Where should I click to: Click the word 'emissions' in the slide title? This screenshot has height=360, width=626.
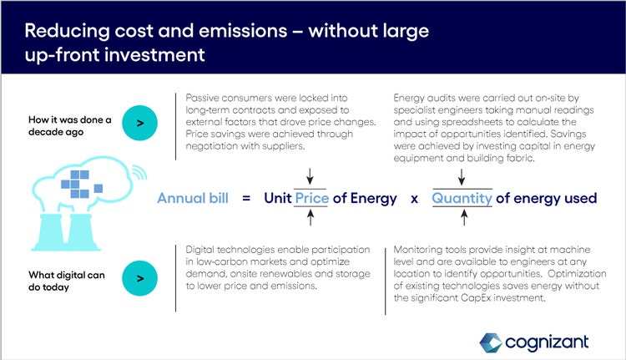coord(243,31)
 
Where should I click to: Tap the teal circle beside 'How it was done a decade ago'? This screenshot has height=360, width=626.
coord(139,123)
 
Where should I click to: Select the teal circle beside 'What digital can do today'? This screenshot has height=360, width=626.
coord(139,278)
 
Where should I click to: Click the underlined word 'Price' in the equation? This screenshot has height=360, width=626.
coord(312,198)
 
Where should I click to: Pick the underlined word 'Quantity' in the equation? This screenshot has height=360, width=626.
coord(462,198)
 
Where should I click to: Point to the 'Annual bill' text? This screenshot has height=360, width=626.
coord(193,198)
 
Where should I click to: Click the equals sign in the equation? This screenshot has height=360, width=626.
coord(246,198)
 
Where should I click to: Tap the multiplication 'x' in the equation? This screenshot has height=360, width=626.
coord(414,199)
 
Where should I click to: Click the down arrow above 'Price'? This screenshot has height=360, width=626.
coord(310,176)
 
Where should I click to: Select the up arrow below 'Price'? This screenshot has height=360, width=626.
coord(310,218)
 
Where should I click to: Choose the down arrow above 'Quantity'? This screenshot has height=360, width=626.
coord(462,176)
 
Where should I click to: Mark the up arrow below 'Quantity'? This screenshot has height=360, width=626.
coord(464,218)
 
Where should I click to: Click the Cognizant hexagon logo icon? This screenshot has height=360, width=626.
coord(491,342)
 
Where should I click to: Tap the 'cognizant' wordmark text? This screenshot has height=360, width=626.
coord(547,342)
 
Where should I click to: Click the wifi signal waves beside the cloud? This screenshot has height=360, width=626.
coord(139,171)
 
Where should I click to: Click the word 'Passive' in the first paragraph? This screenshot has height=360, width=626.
coord(202,98)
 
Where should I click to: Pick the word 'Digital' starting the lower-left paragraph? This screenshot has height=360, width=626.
coord(200,250)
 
